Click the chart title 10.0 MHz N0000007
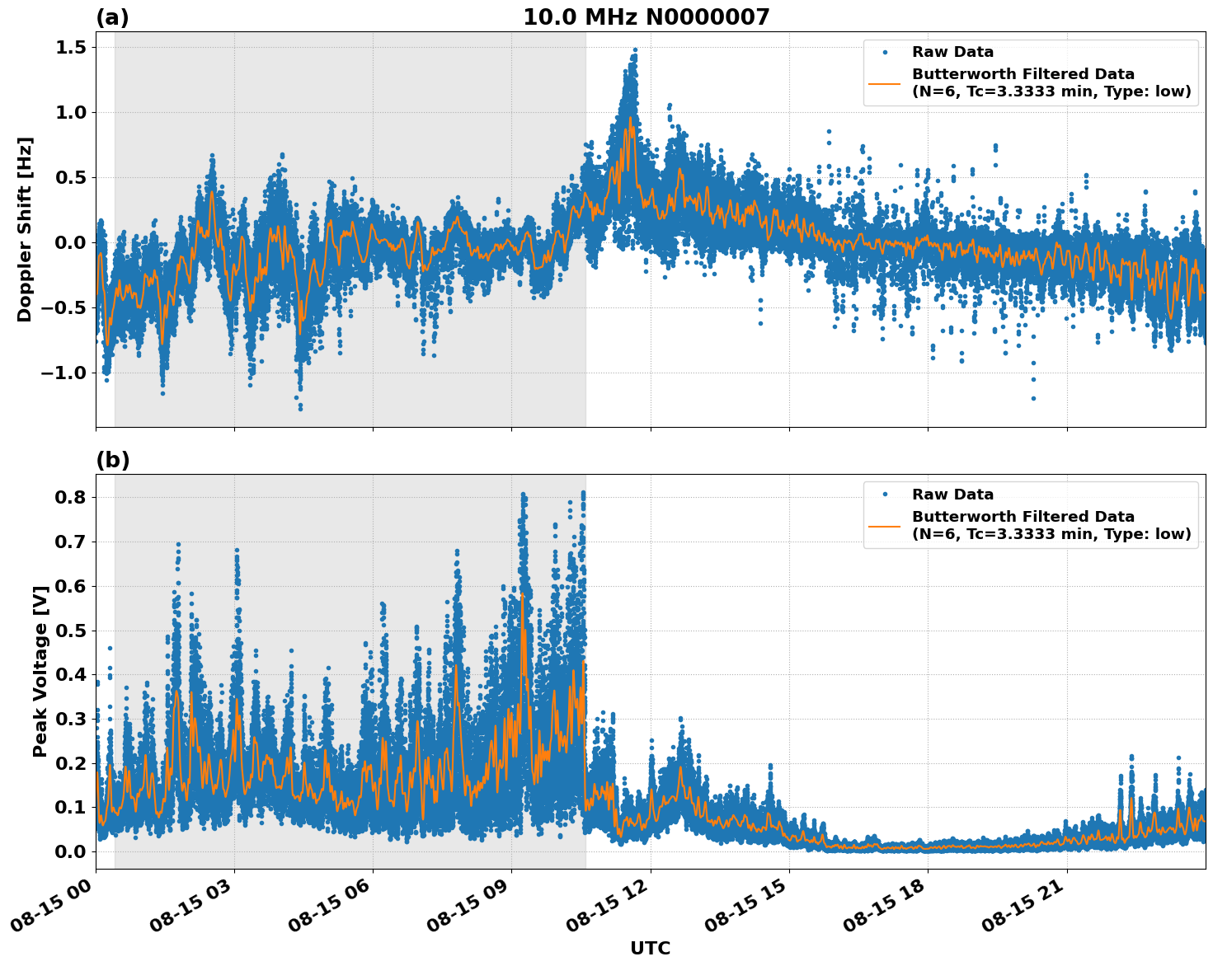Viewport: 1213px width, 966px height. pyautogui.click(x=646, y=17)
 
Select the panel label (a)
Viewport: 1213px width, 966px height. pyautogui.click(x=112, y=17)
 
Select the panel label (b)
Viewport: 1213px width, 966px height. pyautogui.click(x=112, y=460)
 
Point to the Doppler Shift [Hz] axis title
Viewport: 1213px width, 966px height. pyautogui.click(x=25, y=229)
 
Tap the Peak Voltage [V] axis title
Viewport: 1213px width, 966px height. pyautogui.click(x=40, y=671)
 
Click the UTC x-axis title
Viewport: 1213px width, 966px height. pyautogui.click(x=650, y=948)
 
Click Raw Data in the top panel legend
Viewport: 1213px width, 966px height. pyautogui.click(x=952, y=52)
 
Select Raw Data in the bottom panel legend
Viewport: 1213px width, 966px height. pyautogui.click(x=952, y=495)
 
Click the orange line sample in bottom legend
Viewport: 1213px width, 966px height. pyautogui.click(x=885, y=526)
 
